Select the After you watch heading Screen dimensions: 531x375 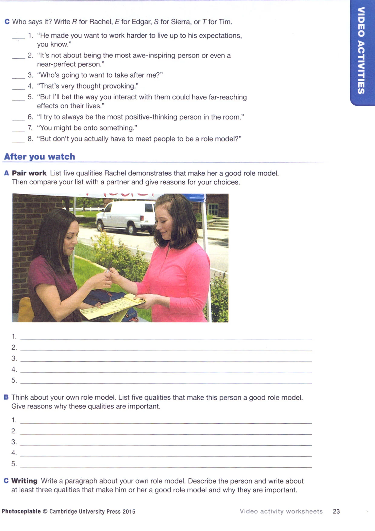(x=40, y=157)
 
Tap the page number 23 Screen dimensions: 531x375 (x=336, y=511)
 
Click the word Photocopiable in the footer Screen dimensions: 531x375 (x=21, y=511)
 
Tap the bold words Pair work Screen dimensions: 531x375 (x=29, y=173)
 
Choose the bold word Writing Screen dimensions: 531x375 (x=24, y=481)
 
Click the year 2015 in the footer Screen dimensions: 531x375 (x=129, y=511)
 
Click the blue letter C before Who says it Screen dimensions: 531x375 (x=7, y=22)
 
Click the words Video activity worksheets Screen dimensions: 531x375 (x=281, y=511)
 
